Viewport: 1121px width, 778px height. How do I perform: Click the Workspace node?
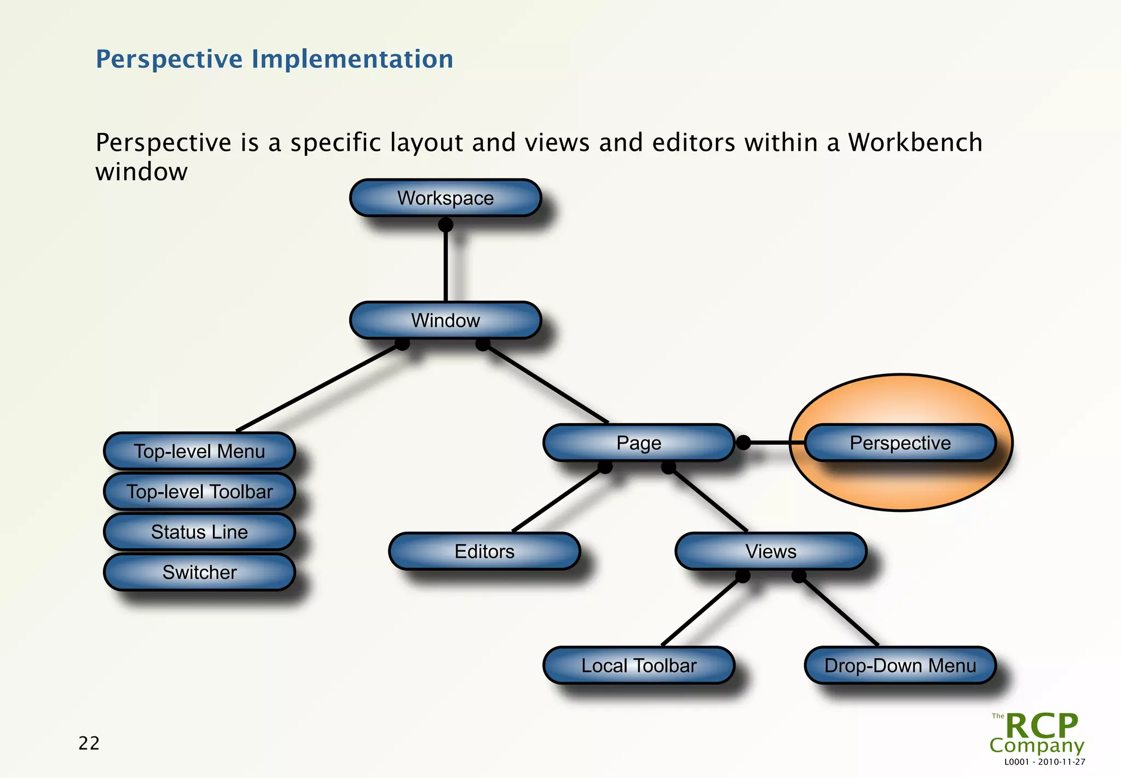tap(445, 198)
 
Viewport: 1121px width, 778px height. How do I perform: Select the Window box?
tap(445, 320)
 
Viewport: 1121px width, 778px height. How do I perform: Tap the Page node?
tap(638, 442)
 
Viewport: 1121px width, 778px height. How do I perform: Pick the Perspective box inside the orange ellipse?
tap(900, 442)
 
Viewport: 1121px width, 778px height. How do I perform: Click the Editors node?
tap(484, 551)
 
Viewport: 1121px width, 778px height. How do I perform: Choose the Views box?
tap(771, 551)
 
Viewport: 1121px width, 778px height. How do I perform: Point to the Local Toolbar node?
tap(638, 665)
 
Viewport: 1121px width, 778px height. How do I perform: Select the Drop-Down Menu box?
tap(900, 665)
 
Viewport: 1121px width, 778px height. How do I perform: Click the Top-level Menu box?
tap(199, 451)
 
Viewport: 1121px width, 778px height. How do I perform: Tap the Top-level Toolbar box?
tap(199, 492)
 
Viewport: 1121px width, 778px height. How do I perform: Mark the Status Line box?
tap(199, 532)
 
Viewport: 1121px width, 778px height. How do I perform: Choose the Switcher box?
tap(199, 572)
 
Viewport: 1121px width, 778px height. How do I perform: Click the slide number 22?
tap(89, 743)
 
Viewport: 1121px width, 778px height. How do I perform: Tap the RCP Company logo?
tap(1037, 733)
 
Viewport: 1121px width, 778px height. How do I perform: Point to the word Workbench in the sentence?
tap(915, 142)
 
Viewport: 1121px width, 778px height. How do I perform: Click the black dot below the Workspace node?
tap(446, 224)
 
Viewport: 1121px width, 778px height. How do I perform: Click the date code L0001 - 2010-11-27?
tap(1044, 762)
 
